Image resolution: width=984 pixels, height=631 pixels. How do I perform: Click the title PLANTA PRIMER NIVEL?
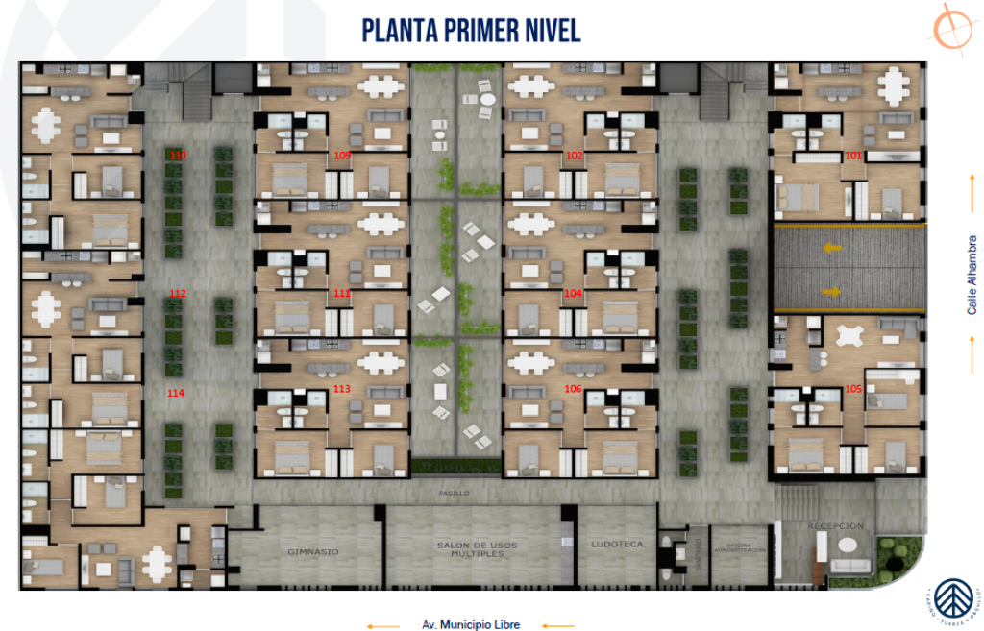[x=471, y=30]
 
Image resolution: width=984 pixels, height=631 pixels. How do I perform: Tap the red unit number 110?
[x=178, y=155]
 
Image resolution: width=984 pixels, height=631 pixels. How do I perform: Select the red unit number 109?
[x=342, y=155]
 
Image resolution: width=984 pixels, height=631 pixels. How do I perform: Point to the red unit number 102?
[x=575, y=155]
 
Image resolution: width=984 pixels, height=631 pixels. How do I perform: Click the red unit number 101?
[x=853, y=155]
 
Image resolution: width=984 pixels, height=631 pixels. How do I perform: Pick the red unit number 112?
[x=177, y=293]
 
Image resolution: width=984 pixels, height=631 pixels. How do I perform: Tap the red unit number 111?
[x=342, y=293]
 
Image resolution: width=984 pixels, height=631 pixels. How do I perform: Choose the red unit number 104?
[x=573, y=293]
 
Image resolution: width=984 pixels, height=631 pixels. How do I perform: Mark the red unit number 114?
[x=176, y=393]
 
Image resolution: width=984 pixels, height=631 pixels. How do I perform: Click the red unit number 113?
[x=342, y=389]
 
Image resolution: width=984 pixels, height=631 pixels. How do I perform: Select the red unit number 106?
[x=573, y=389]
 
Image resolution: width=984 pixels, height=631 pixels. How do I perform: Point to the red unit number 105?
[x=853, y=389]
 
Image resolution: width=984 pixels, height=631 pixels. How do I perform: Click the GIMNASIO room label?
[x=312, y=552]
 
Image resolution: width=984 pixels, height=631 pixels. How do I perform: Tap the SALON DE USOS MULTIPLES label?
[x=478, y=549]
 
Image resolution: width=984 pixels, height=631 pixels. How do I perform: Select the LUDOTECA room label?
[x=617, y=545]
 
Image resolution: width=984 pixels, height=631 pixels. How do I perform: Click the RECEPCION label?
[x=836, y=526]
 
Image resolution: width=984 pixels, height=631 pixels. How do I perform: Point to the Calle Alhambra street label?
[x=972, y=275]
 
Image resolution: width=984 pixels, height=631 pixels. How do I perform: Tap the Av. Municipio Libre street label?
[x=471, y=625]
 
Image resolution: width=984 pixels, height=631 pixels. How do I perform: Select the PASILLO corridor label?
[x=456, y=493]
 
